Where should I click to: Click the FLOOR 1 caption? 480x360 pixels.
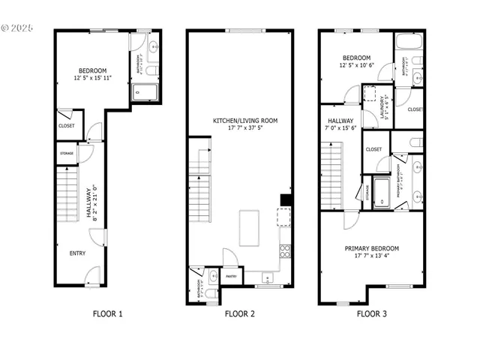pyautogui.click(x=107, y=314)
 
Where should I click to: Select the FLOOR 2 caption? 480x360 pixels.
pyautogui.click(x=240, y=314)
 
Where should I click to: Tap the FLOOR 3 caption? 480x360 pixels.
pyautogui.click(x=371, y=314)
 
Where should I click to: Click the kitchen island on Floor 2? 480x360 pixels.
pyautogui.click(x=250, y=229)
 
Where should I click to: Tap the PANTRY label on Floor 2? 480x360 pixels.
pyautogui.click(x=231, y=276)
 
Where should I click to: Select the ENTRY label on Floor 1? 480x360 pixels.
pyautogui.click(x=77, y=253)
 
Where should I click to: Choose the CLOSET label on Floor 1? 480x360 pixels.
pyautogui.click(x=66, y=126)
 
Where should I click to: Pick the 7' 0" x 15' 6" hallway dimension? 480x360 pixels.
pyautogui.click(x=340, y=129)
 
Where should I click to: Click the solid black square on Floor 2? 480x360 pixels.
pyautogui.click(x=285, y=199)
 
